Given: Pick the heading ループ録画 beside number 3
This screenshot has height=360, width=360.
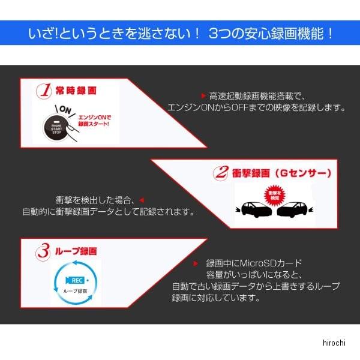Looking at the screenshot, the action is [75, 251].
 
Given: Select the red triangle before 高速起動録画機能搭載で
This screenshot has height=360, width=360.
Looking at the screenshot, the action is [203, 95].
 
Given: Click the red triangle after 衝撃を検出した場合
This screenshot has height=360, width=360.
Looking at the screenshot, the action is [142, 199].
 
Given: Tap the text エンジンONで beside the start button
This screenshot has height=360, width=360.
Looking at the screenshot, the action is [95, 116].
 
